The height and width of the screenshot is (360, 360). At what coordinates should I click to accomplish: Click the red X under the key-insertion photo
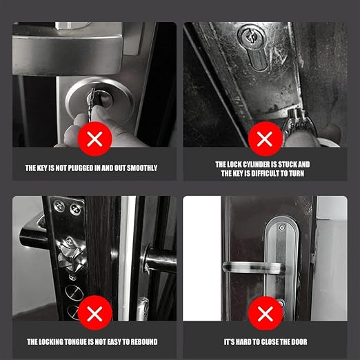point(95,139)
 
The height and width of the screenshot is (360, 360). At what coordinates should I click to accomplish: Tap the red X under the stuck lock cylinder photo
point(265,139)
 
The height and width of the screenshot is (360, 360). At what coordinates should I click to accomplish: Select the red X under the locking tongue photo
point(95,313)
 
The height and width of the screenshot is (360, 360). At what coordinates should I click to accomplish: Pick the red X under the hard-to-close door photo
point(266,314)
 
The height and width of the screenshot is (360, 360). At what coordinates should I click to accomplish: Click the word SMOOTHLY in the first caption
point(142,168)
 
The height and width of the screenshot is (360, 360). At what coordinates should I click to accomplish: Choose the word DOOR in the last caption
point(299,342)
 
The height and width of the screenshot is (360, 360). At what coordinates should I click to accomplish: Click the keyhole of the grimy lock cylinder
point(252,37)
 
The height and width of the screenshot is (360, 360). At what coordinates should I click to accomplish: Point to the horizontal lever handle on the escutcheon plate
point(254,268)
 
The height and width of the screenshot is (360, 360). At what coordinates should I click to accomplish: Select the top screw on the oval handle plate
point(282,228)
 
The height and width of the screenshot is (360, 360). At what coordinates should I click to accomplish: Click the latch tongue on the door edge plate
point(71,254)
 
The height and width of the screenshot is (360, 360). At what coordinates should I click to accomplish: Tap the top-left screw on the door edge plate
point(59,205)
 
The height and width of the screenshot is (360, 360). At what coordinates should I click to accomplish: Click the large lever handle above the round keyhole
point(67,55)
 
